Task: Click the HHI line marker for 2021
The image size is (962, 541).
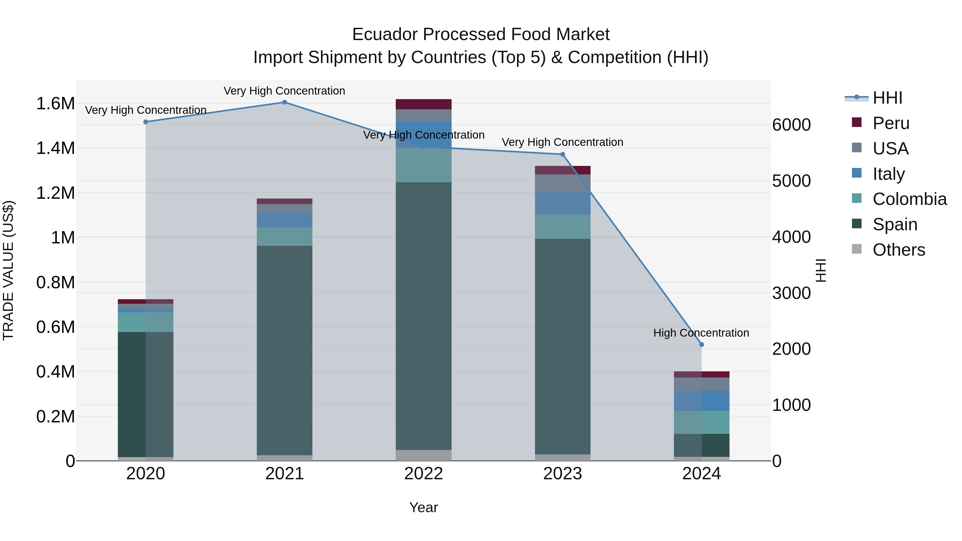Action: (284, 102)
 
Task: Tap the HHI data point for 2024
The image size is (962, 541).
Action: (701, 345)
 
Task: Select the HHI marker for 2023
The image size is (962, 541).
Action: (563, 154)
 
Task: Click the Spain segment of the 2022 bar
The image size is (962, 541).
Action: (424, 316)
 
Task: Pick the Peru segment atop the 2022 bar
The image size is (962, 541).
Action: (424, 104)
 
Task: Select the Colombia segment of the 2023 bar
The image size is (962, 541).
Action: (563, 227)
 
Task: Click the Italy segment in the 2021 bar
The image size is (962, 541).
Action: (284, 220)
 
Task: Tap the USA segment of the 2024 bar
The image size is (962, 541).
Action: (701, 384)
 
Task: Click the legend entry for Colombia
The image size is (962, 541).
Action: (909, 199)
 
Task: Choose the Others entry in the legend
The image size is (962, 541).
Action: (898, 250)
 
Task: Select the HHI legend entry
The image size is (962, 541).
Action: (887, 98)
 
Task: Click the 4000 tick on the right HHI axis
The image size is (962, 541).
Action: (791, 237)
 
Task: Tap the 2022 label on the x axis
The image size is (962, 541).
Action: (424, 474)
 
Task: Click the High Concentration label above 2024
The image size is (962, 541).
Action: (701, 333)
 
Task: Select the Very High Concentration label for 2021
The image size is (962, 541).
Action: (284, 91)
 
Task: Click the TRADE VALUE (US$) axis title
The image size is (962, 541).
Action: (8, 270)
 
